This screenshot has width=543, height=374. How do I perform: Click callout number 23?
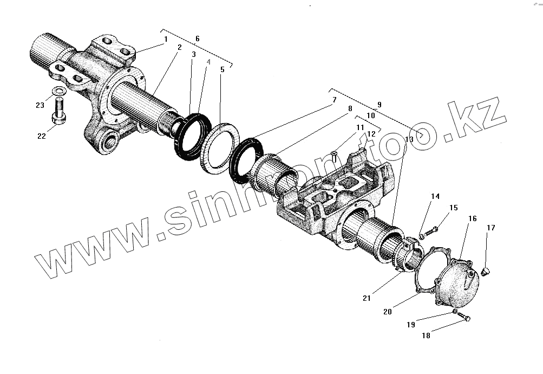pyautogui.click(x=40, y=105)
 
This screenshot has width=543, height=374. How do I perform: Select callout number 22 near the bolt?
pyautogui.click(x=42, y=136)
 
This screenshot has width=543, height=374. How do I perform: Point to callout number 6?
pyautogui.click(x=197, y=38)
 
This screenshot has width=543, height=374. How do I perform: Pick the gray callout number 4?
pyautogui.click(x=208, y=63)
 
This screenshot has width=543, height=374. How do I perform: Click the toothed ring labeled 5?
pyautogui.click(x=220, y=147)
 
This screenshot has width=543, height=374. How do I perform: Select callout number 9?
pyautogui.click(x=379, y=104)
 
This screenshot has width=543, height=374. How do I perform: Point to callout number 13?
pyautogui.click(x=409, y=139)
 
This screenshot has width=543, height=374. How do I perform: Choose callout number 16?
pyautogui.click(x=473, y=218)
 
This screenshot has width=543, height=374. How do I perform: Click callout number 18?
pyautogui.click(x=426, y=336)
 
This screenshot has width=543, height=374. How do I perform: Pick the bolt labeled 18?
pyautogui.click(x=463, y=317)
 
